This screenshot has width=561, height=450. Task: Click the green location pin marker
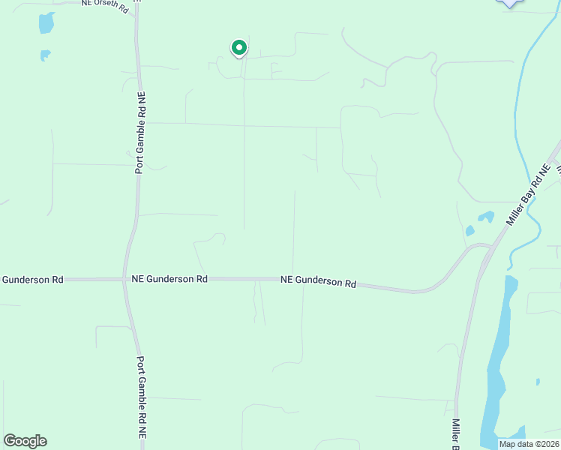click(238, 48)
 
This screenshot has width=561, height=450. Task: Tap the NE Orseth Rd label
click(103, 3)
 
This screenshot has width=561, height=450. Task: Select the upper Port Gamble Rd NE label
click(140, 133)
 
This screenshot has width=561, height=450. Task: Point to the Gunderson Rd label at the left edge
click(31, 280)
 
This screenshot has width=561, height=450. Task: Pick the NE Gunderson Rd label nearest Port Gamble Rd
click(169, 278)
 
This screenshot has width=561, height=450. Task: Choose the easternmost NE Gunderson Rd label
click(318, 281)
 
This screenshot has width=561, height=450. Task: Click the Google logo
click(25, 441)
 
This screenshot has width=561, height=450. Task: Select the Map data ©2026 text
click(529, 444)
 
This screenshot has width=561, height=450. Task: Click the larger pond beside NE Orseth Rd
click(46, 23)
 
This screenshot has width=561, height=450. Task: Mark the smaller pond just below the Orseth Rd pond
click(45, 55)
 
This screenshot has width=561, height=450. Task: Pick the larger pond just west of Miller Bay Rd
click(486, 217)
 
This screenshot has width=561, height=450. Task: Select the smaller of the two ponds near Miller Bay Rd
click(470, 230)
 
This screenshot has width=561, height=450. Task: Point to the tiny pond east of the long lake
click(538, 382)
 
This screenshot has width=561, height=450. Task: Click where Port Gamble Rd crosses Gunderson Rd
click(125, 280)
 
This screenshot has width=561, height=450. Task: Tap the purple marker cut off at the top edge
click(510, 3)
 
